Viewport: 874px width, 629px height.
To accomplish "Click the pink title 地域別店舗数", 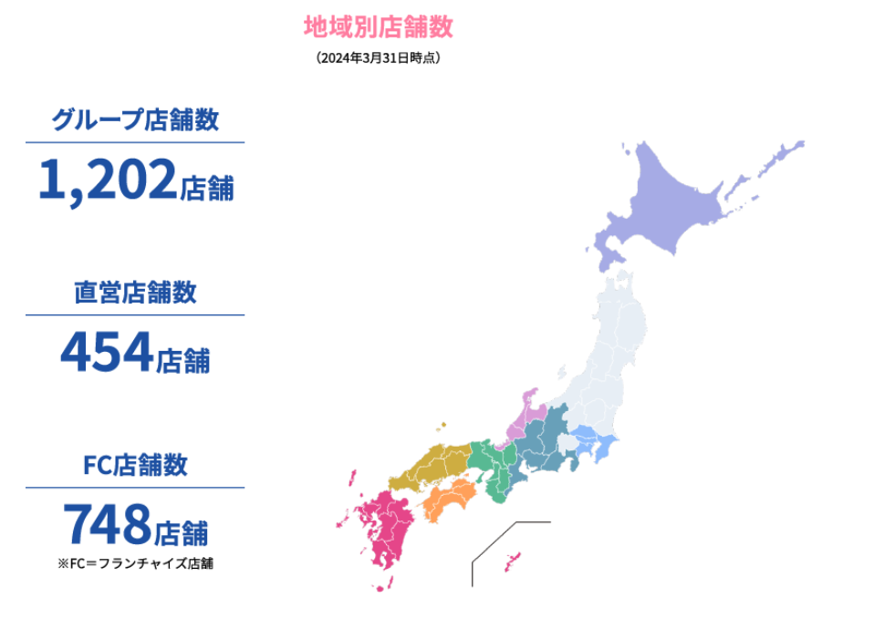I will click(x=378, y=26).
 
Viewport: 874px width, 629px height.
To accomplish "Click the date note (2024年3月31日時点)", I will click(x=378, y=58).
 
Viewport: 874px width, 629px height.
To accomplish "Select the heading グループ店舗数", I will click(x=135, y=119).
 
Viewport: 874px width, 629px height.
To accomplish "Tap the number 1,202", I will click(x=107, y=179).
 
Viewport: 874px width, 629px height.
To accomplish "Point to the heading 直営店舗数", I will click(x=135, y=293).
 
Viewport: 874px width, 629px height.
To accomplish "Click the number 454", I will click(x=106, y=353).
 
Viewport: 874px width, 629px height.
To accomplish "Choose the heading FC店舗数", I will click(x=135, y=465).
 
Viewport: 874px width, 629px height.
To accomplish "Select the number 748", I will click(x=107, y=526).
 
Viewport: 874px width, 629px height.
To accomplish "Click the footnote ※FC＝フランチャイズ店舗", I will click(x=135, y=563).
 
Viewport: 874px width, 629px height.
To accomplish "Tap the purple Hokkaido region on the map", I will click(x=675, y=201).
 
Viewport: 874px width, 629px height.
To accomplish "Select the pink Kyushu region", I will click(x=388, y=529).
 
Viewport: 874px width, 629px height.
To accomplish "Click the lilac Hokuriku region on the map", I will click(x=525, y=415).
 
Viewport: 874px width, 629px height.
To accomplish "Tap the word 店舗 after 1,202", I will click(x=207, y=189).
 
